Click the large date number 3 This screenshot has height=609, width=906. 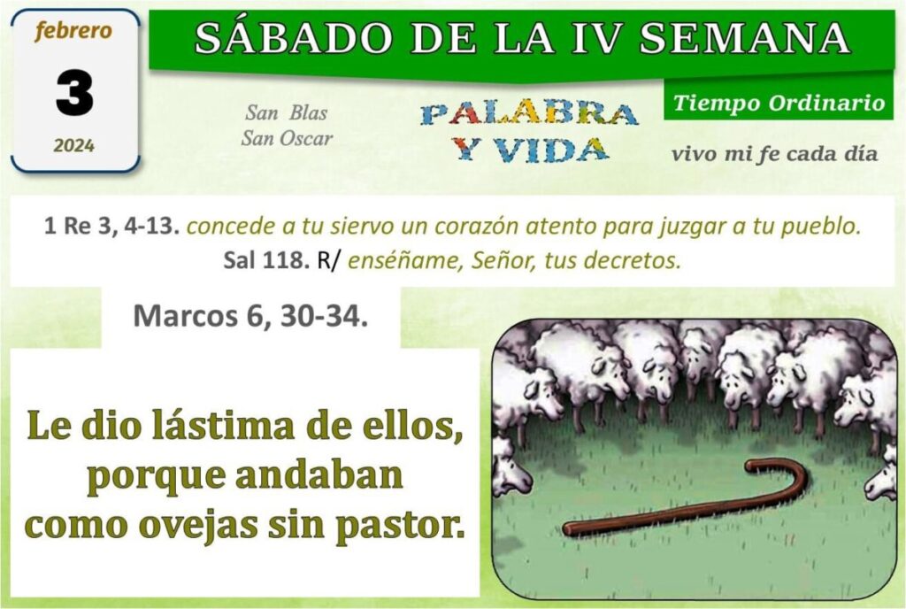click(74, 92)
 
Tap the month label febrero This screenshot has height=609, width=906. click(73, 31)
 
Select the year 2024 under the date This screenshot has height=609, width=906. click(74, 145)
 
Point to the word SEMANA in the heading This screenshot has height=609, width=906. click(745, 37)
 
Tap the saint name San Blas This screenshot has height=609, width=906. click(287, 112)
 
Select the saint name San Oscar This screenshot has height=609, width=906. click(288, 139)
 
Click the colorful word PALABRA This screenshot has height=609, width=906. click(529, 114)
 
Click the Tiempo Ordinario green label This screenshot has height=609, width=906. click(779, 103)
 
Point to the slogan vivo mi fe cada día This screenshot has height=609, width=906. click(775, 154)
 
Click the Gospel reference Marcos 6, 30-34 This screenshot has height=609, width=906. click(250, 315)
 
